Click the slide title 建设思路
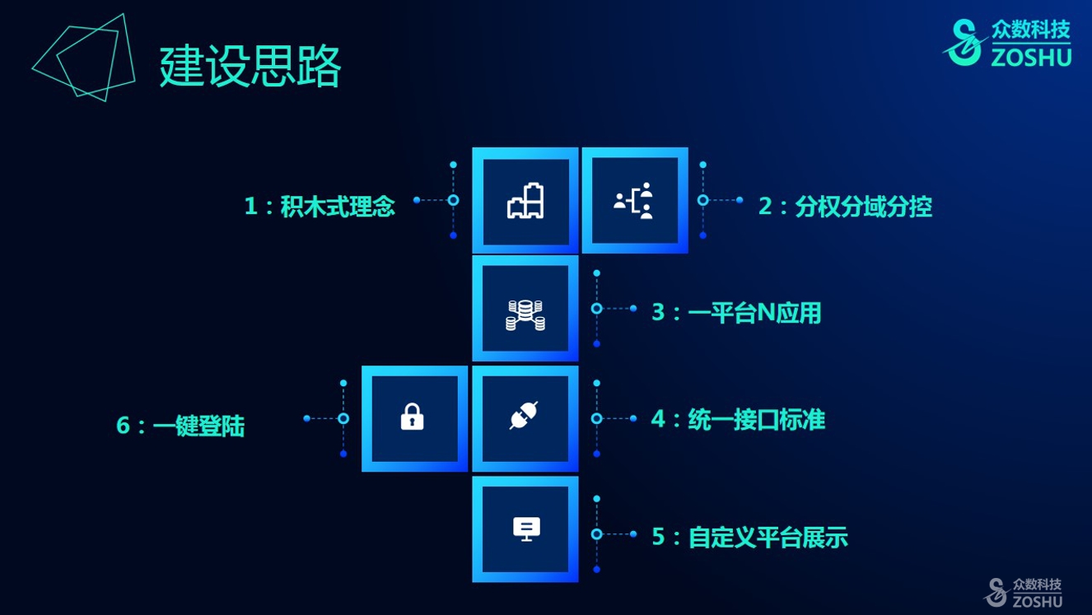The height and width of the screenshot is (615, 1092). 250,67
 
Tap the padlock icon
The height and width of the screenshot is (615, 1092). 412,417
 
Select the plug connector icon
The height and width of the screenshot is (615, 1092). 524,415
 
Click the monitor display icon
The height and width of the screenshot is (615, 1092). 526,529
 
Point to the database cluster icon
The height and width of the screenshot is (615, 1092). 525,315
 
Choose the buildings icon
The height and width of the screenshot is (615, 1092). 525,201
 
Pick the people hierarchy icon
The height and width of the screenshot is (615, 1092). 633,200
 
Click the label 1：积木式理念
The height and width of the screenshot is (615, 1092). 320,206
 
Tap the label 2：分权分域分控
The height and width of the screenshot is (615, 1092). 845,206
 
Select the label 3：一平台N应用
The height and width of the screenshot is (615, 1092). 736,313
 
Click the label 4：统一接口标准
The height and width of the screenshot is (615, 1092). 738,420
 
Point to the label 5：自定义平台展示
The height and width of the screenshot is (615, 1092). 749,537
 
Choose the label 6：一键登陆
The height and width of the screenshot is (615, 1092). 180,426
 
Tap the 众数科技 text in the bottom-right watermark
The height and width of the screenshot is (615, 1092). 1037,584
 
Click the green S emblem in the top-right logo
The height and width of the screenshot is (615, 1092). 963,42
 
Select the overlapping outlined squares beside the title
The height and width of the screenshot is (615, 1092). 84,57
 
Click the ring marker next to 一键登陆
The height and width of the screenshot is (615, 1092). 343,418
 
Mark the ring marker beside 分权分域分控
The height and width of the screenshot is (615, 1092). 703,200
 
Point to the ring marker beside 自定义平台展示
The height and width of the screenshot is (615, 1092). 597,534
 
